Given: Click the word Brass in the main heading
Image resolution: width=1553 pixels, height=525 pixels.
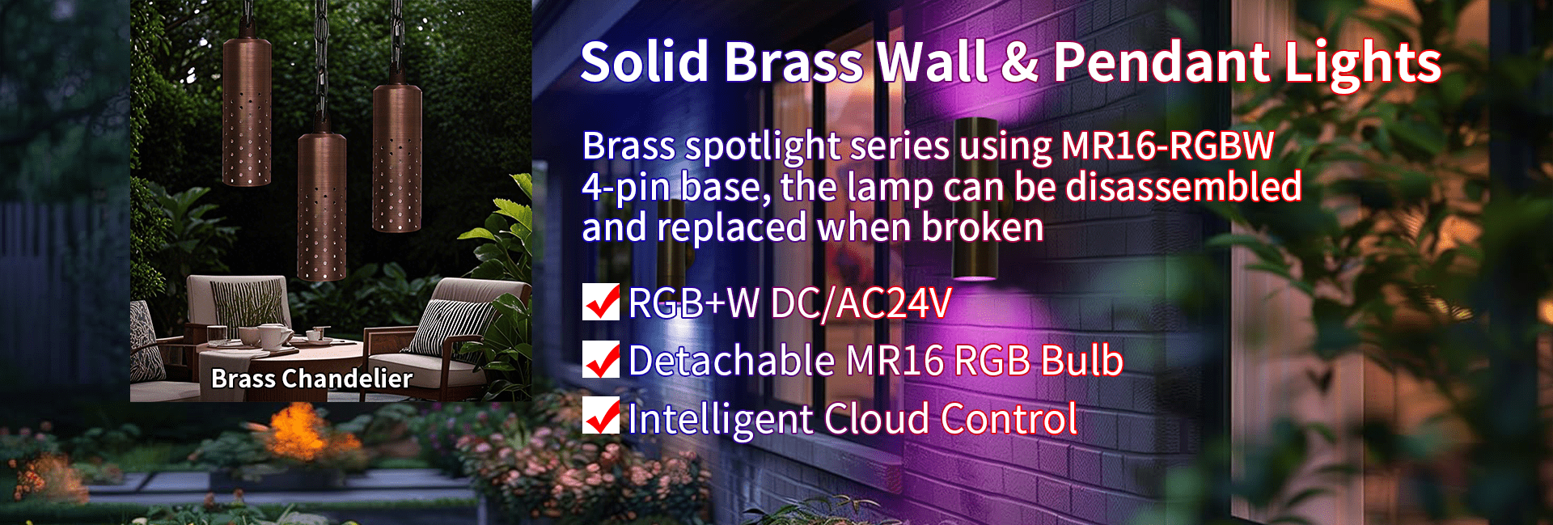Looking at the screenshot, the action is tap(795, 62).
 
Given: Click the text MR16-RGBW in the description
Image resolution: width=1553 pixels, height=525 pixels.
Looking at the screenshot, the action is tap(1167, 146).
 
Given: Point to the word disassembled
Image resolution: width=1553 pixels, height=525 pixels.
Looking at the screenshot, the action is tap(1184, 186).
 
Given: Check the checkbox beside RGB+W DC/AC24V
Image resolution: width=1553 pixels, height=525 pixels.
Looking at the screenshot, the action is tap(601, 302).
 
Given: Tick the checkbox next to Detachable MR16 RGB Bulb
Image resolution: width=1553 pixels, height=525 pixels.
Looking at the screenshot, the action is tap(601, 360).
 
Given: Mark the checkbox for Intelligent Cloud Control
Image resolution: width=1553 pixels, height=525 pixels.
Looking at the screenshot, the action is tap(601, 417).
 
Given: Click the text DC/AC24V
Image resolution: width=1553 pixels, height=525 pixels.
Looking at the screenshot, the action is tap(861, 303).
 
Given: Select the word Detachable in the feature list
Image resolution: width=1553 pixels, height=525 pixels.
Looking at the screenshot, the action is tap(731, 361).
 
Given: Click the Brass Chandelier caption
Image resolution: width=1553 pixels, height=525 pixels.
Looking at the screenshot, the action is tap(311, 379).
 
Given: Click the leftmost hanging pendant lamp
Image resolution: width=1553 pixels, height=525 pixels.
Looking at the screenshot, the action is tap(247, 109).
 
